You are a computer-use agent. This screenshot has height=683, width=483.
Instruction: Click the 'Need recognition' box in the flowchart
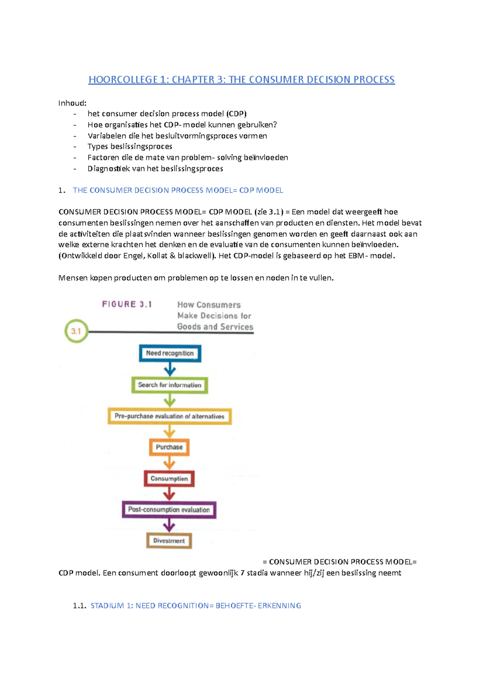pyautogui.click(x=170, y=353)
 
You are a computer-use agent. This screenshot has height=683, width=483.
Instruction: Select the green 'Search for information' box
pyautogui.click(x=169, y=385)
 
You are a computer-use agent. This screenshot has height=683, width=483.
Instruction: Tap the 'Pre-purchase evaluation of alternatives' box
pyautogui.click(x=169, y=416)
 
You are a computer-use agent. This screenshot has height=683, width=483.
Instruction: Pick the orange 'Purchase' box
pyautogui.click(x=169, y=447)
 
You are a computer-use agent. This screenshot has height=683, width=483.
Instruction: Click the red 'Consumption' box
pyautogui.click(x=169, y=479)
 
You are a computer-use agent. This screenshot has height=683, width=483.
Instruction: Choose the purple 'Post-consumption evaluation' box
pyautogui.click(x=169, y=510)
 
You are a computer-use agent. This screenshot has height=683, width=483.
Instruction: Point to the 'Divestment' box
pyautogui.click(x=169, y=541)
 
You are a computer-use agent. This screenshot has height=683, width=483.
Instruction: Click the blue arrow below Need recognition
pyautogui.click(x=170, y=369)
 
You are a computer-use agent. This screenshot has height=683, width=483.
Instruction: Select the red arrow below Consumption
pyautogui.click(x=169, y=494)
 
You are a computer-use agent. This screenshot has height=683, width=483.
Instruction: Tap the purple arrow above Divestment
pyautogui.click(x=169, y=525)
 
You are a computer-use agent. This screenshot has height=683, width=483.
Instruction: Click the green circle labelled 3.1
pyautogui.click(x=76, y=331)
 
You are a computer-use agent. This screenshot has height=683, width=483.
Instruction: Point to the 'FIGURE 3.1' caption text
pyautogui.click(x=127, y=304)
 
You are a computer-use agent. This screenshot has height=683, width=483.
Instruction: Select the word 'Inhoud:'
pyautogui.click(x=72, y=103)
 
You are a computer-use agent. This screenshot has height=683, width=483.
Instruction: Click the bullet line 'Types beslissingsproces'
pyautogui.click(x=130, y=146)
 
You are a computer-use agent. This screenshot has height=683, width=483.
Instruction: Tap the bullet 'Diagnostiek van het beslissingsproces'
pyautogui.click(x=155, y=169)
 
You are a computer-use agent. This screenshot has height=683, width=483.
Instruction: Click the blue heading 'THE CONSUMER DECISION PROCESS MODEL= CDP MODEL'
pyautogui.click(x=178, y=190)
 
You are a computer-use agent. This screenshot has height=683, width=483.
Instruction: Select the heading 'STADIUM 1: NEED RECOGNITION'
pyautogui.click(x=196, y=605)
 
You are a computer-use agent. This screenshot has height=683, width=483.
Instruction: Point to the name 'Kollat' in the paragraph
pyautogui.click(x=157, y=255)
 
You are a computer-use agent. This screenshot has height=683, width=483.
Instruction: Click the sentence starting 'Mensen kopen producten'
pyautogui.click(x=196, y=278)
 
